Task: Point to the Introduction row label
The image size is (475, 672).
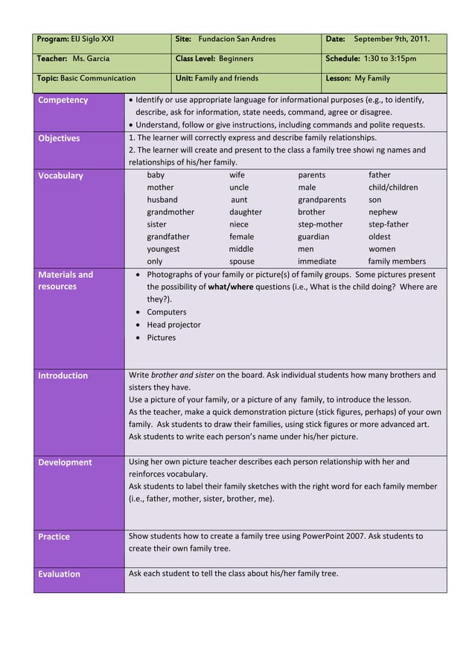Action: tap(63, 376)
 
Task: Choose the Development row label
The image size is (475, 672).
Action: tap(65, 463)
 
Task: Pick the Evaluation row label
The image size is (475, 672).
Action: tap(59, 574)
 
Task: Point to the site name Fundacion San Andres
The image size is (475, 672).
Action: tap(237, 39)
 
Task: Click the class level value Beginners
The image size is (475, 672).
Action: tap(236, 59)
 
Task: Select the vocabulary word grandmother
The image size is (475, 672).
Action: tap(170, 212)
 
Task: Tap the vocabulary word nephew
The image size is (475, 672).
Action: tap(383, 212)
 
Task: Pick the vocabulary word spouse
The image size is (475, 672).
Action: tap(241, 261)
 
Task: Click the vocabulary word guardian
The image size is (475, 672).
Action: tap(313, 237)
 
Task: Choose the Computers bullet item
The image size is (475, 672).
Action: tap(166, 312)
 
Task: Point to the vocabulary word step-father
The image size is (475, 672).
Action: tap(388, 224)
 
